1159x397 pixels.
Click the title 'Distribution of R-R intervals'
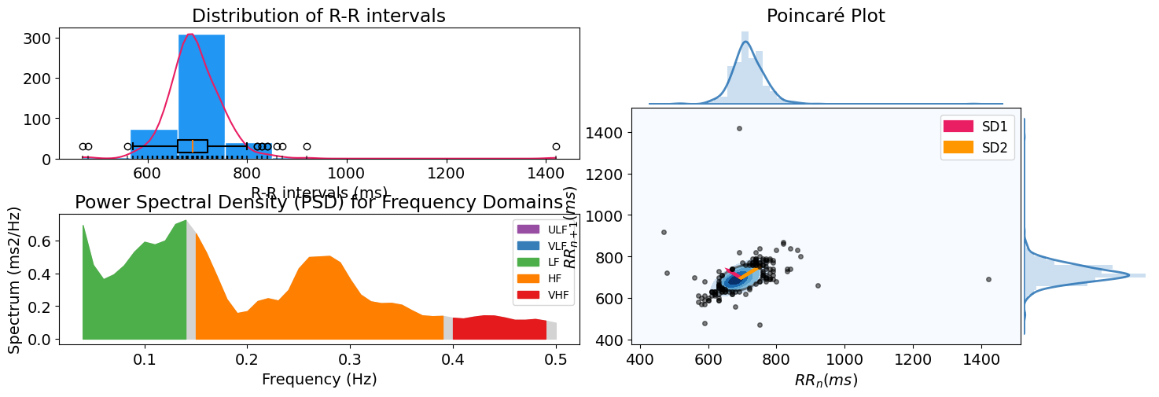pyautogui.click(x=318, y=16)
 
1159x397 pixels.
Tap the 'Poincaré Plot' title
pyautogui.click(x=826, y=16)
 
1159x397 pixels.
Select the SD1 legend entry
pyautogui.click(x=977, y=126)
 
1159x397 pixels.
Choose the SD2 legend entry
pyautogui.click(x=977, y=147)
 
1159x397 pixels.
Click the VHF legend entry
pyautogui.click(x=543, y=295)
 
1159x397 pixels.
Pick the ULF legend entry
pyautogui.click(x=543, y=229)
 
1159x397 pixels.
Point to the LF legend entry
pyautogui.click(x=543, y=262)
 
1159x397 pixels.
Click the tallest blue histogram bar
pyautogui.click(x=201, y=94)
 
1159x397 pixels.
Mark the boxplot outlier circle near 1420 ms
pyautogui.click(x=556, y=146)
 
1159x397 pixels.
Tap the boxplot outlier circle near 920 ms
pyautogui.click(x=307, y=146)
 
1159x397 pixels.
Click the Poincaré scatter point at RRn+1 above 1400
pyautogui.click(x=739, y=128)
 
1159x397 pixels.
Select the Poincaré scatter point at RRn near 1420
pyautogui.click(x=988, y=279)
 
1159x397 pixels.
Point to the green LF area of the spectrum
pyautogui.click(x=134, y=299)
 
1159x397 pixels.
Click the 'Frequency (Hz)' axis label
pyautogui.click(x=319, y=379)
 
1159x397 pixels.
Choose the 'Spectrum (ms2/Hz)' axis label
pyautogui.click(x=14, y=279)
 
